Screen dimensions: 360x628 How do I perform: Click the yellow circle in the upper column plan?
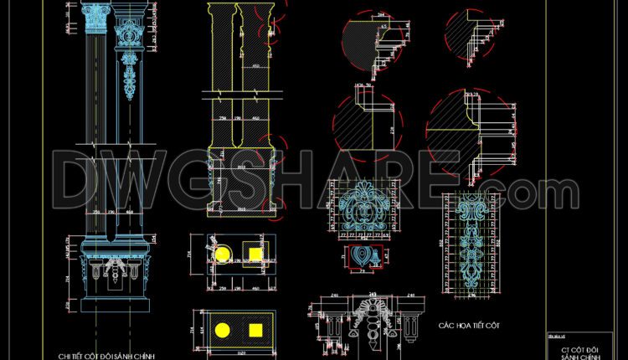point(223,253)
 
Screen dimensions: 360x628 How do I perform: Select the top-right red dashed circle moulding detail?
point(474,33)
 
